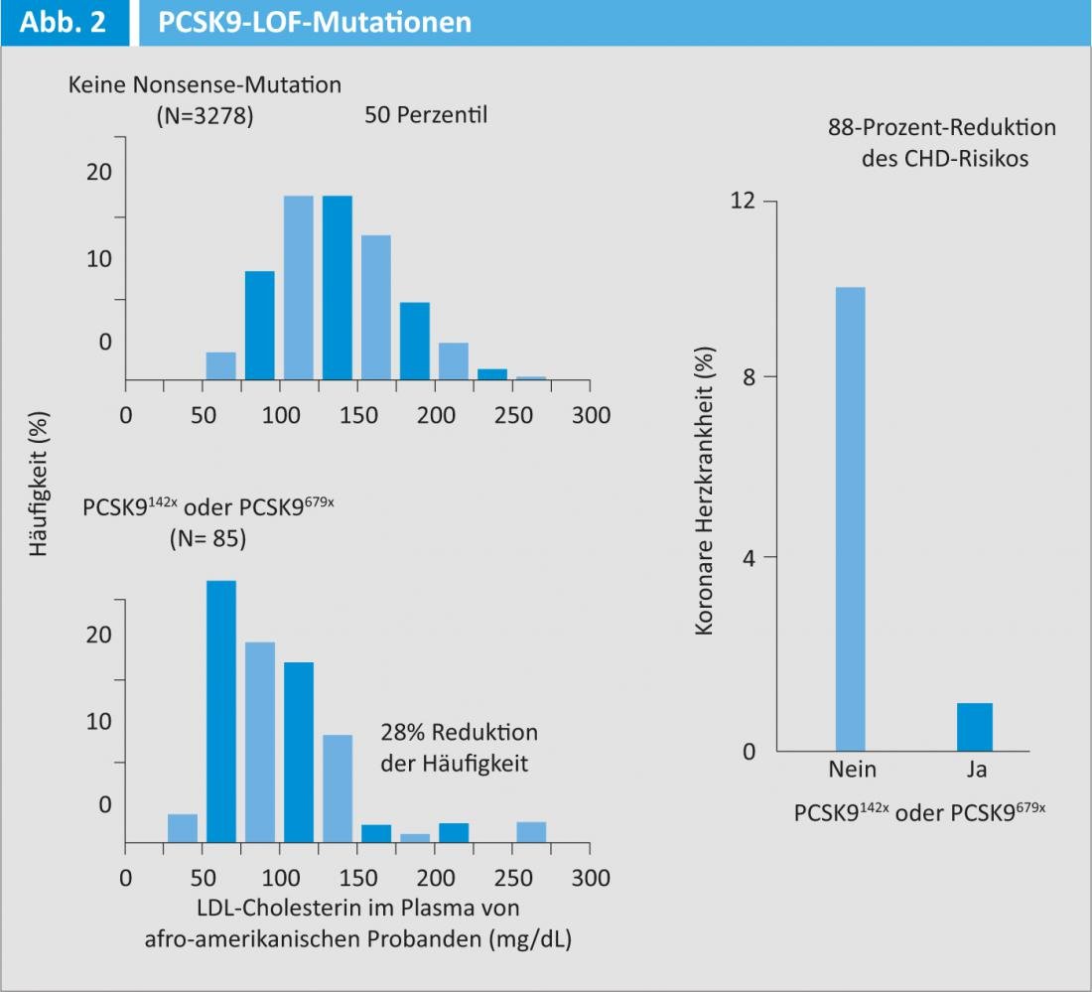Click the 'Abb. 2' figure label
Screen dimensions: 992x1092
pyautogui.click(x=64, y=21)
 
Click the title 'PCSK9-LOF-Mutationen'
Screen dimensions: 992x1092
pyautogui.click(x=315, y=21)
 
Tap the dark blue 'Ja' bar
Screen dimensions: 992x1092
pyautogui.click(x=975, y=727)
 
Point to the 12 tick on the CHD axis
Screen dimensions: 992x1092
pyautogui.click(x=743, y=202)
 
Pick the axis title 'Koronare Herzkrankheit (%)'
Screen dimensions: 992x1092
pyautogui.click(x=705, y=491)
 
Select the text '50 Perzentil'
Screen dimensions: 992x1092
pyautogui.click(x=427, y=115)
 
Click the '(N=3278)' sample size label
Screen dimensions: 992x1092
pyautogui.click(x=205, y=115)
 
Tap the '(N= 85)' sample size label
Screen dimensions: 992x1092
pyautogui.click(x=205, y=540)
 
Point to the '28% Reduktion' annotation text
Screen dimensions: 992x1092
pyautogui.click(x=459, y=733)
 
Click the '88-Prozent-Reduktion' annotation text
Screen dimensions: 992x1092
pyautogui.click(x=941, y=128)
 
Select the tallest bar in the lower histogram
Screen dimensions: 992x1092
pyautogui.click(x=221, y=711)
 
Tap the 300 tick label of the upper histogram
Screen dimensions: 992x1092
pyautogui.click(x=591, y=415)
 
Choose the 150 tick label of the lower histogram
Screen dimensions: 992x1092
pyautogui.click(x=357, y=879)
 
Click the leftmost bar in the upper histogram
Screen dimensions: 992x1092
pyautogui.click(x=221, y=366)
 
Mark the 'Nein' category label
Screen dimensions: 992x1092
pyautogui.click(x=852, y=771)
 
